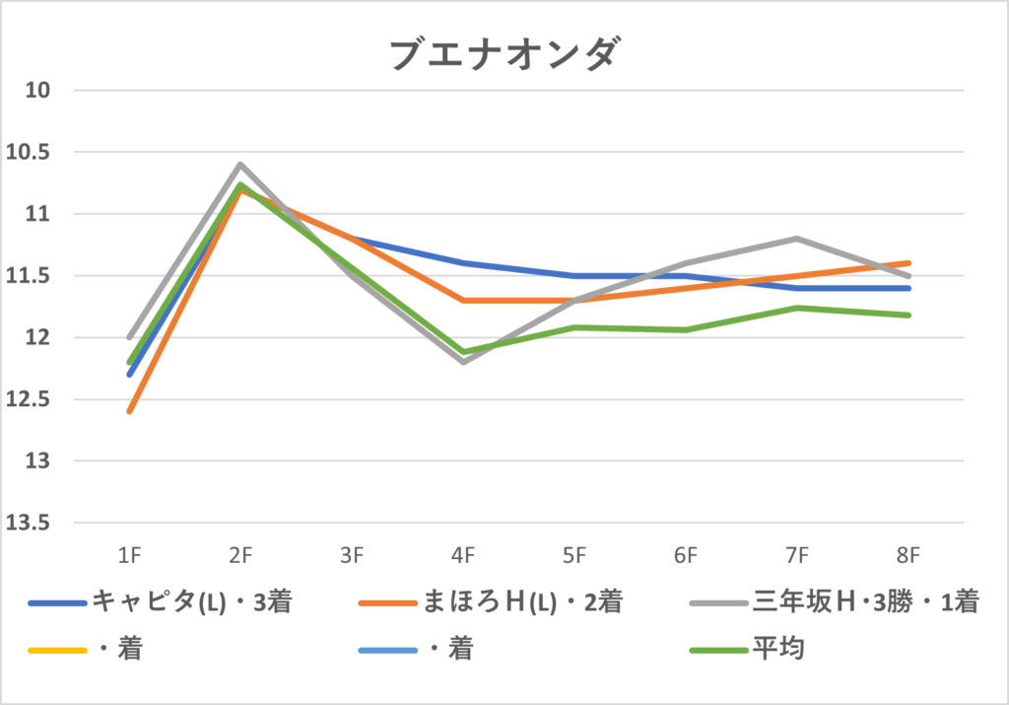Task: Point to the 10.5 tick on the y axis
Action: coord(34,153)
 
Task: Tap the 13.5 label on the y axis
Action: coord(34,524)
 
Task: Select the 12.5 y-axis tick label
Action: coord(34,400)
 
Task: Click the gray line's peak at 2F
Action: coord(240,165)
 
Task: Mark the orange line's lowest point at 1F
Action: coord(129,411)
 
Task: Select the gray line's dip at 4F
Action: coord(463,362)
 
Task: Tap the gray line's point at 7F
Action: coord(797,239)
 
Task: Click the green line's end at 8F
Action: coord(908,316)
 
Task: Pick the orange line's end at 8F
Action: coord(908,263)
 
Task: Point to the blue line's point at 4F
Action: coord(463,263)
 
